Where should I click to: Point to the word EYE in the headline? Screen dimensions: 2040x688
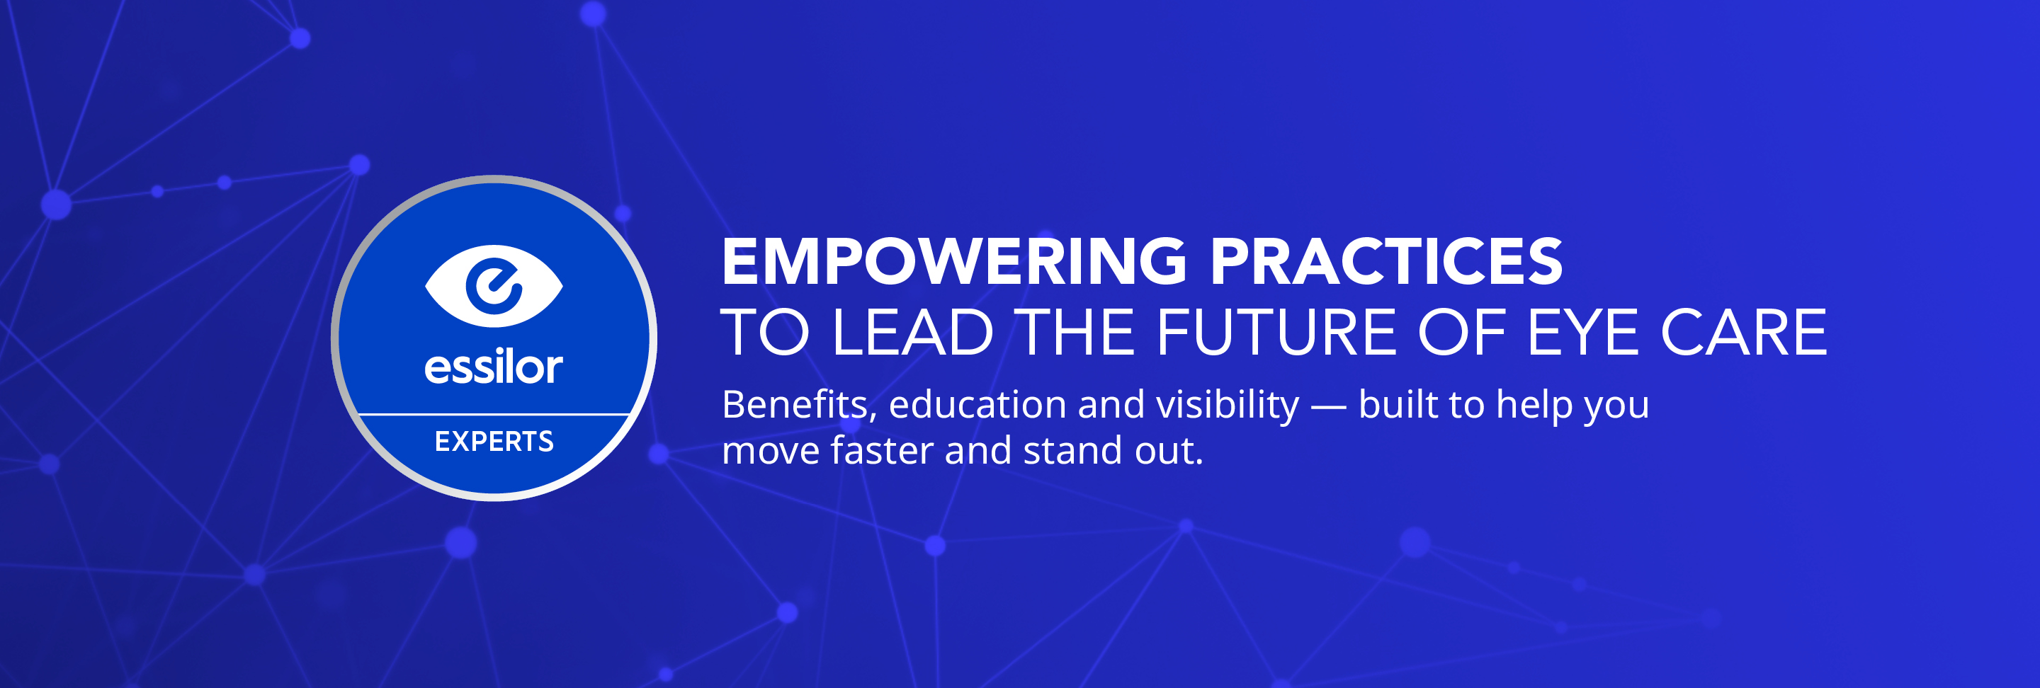point(1582,333)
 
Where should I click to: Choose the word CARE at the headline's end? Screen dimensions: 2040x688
point(1744,333)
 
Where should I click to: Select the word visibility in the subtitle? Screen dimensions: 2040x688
point(1228,406)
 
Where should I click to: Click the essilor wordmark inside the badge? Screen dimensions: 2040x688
point(494,367)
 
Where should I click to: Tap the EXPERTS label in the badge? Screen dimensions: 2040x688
point(494,441)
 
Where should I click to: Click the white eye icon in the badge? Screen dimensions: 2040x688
point(494,286)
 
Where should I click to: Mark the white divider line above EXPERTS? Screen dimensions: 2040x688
point(494,414)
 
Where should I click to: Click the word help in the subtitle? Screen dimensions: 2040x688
point(1536,406)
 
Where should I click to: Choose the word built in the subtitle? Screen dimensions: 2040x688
point(1398,405)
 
